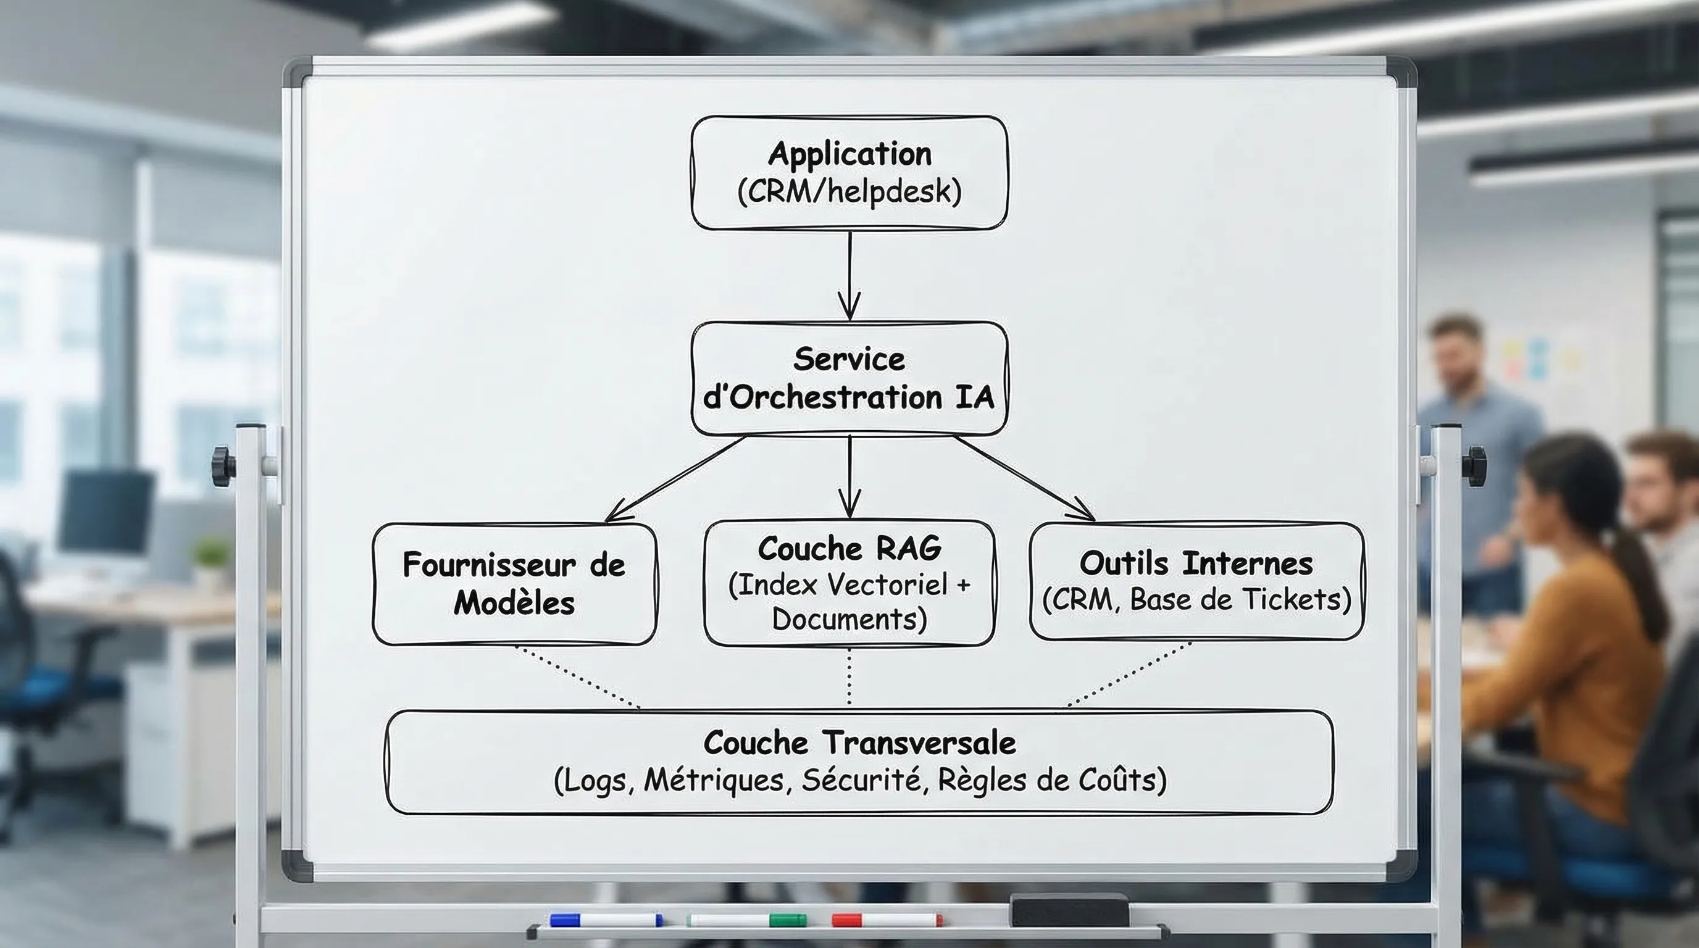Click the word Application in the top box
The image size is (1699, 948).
point(849,154)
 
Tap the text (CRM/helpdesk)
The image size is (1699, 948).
point(849,192)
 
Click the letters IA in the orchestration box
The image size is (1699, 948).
point(974,397)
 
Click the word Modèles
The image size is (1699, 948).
point(514,602)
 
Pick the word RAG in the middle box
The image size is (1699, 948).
point(908,549)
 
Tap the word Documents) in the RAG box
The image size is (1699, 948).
point(849,619)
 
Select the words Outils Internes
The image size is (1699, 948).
point(1196,563)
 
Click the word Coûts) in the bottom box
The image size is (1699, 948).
point(1122,780)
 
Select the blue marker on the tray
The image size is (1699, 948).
point(606,920)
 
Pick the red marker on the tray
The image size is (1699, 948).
point(887,920)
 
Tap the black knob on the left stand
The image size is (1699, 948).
point(223,466)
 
